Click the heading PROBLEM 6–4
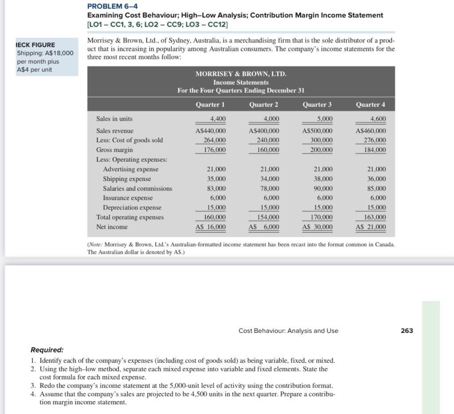tap(113, 6)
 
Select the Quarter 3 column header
tap(317, 105)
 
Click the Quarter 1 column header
tap(210, 105)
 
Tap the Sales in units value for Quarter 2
tap(271, 119)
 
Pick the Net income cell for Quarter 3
tap(317, 227)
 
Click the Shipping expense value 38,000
tap(323, 179)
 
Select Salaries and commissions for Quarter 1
tap(216, 188)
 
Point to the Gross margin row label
tap(114, 150)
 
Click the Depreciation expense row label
tap(132, 207)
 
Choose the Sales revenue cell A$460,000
tap(371, 131)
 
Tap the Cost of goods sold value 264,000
tap(215, 140)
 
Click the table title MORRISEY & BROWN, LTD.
tap(241, 74)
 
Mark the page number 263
tap(407, 331)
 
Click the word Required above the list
tap(47, 350)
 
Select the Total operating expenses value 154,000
tap(268, 217)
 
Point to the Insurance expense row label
tap(128, 198)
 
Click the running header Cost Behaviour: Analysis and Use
tap(288, 331)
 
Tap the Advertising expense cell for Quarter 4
tap(376, 169)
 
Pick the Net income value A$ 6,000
tap(264, 227)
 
